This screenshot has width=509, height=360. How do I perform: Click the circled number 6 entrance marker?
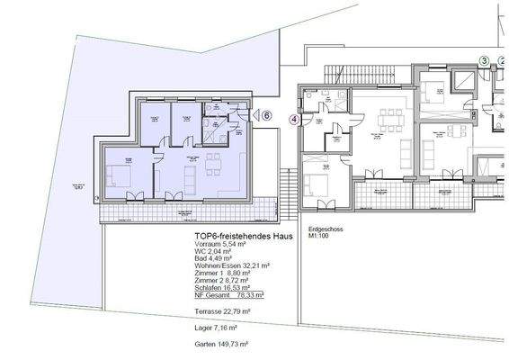267,114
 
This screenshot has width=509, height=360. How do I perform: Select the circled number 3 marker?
484,61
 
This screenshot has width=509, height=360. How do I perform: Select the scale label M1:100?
320,237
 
